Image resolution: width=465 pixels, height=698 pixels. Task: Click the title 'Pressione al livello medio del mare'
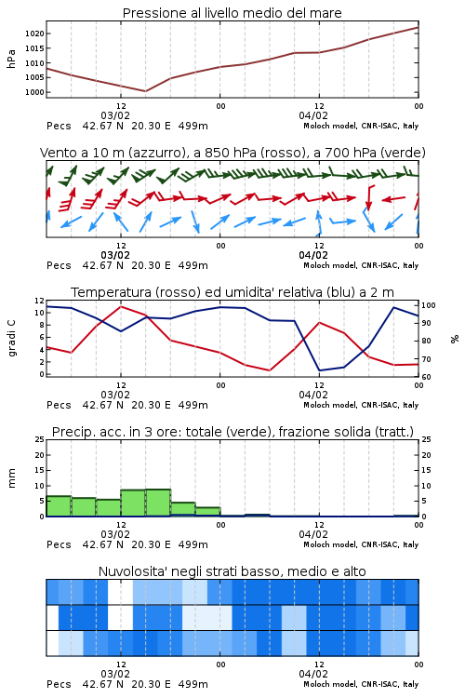[232, 13]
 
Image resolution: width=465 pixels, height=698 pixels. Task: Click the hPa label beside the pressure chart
[11, 59]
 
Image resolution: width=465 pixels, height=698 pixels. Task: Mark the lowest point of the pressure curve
[145, 91]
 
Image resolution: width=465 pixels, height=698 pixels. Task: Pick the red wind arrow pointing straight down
[368, 197]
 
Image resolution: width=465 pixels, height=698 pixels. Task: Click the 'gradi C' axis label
[11, 338]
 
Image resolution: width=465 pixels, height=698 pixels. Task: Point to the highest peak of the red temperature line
[121, 306]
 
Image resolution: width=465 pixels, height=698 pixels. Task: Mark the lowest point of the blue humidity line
[320, 370]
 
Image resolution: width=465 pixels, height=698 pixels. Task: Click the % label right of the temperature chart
[455, 339]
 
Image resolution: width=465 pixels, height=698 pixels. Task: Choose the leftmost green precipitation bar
[59, 506]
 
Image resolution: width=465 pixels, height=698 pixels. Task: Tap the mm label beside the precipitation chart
[11, 477]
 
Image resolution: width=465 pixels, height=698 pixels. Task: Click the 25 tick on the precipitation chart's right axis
[426, 439]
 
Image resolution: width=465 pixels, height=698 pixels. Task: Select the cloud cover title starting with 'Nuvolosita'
[232, 571]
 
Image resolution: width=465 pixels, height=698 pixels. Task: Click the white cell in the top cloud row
[120, 592]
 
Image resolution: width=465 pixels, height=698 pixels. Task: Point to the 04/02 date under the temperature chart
[313, 395]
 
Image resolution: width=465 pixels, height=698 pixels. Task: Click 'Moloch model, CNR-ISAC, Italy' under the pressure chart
[361, 126]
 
